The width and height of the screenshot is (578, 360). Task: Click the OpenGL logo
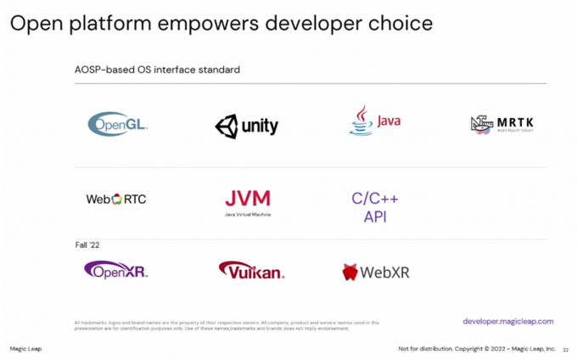coord(118,124)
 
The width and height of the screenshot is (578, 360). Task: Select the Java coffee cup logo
coord(362,121)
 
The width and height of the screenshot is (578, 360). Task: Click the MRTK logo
coord(502,125)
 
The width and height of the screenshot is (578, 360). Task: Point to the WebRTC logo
coord(116,200)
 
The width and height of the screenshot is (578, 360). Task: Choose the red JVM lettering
coord(248,199)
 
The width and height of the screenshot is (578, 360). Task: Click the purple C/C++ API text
coord(374,208)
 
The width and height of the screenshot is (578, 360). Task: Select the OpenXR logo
coord(116,271)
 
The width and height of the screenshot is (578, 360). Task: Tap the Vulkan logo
coord(251,271)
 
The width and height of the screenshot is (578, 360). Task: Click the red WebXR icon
coord(350,273)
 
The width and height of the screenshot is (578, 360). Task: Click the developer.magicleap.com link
coord(508,322)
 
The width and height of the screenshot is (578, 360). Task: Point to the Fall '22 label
coord(88,245)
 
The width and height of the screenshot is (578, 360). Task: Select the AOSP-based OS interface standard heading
coord(157,70)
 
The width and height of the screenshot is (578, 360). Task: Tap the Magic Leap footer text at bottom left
coord(25,349)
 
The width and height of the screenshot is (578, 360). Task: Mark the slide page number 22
coord(565,349)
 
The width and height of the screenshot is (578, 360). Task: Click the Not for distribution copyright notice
coord(477,349)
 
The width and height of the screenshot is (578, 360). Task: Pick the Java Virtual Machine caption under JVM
coord(248,215)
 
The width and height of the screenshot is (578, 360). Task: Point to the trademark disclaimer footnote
coord(227,325)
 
